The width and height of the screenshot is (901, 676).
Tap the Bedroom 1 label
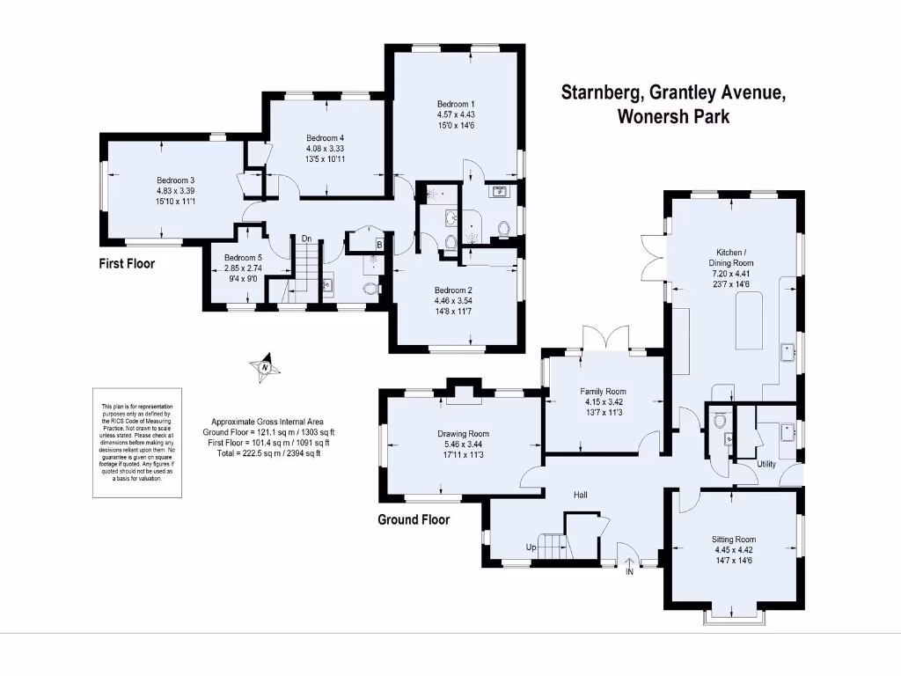pyautogui.click(x=455, y=103)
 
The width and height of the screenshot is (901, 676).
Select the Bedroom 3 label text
pyautogui.click(x=175, y=180)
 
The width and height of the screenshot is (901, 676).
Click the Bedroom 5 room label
pyautogui.click(x=242, y=258)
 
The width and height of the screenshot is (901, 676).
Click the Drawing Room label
pyautogui.click(x=463, y=434)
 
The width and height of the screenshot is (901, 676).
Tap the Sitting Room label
pyautogui.click(x=733, y=540)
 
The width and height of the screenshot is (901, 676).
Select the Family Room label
pyautogui.click(x=602, y=392)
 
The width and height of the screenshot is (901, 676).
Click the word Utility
pyautogui.click(x=766, y=464)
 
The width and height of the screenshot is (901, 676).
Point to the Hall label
pyautogui.click(x=581, y=496)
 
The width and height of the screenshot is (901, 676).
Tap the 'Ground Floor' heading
pyautogui.click(x=414, y=519)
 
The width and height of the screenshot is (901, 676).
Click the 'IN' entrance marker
pyautogui.click(x=629, y=571)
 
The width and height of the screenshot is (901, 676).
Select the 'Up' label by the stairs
pyautogui.click(x=531, y=547)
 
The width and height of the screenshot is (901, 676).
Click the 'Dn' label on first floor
pyautogui.click(x=306, y=239)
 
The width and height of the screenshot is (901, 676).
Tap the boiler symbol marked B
pyautogui.click(x=378, y=245)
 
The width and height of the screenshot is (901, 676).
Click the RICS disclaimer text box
pyautogui.click(x=138, y=441)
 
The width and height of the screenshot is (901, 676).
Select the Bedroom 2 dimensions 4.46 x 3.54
pyautogui.click(x=453, y=300)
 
